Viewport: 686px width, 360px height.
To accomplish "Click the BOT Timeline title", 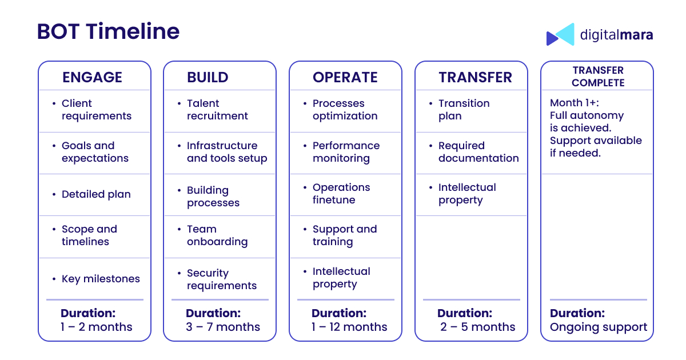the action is pos(108,31).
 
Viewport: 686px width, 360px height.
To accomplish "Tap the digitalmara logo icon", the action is pos(560,34).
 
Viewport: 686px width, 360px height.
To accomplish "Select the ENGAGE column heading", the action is pos(92,77).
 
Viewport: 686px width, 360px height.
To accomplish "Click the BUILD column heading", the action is pos(208,77).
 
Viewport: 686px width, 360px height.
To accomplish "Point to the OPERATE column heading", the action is pos(345,77).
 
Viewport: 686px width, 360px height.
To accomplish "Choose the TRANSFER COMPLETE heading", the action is pos(598,77).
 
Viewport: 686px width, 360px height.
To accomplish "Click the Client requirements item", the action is pos(97,110).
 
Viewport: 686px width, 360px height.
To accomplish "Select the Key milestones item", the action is pos(101,279).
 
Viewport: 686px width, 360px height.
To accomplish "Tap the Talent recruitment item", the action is pos(217,110).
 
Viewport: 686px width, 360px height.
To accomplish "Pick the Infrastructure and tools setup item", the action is pos(227,152).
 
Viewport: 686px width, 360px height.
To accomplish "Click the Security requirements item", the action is pos(222,279).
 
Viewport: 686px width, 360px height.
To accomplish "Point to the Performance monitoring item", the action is pos(346,152).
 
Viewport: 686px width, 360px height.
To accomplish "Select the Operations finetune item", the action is pos(341,194).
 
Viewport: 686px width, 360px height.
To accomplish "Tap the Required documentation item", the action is pos(478,152).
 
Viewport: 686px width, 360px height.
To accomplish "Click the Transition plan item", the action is pos(464,110).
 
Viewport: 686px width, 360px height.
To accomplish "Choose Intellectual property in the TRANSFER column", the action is pos(467,194).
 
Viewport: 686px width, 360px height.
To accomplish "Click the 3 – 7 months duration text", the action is pos(222,327).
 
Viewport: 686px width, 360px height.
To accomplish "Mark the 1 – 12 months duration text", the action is pos(349,327).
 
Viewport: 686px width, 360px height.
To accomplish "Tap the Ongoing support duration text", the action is pos(599,327).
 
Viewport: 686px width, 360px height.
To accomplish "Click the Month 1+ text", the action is pos(574,103).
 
